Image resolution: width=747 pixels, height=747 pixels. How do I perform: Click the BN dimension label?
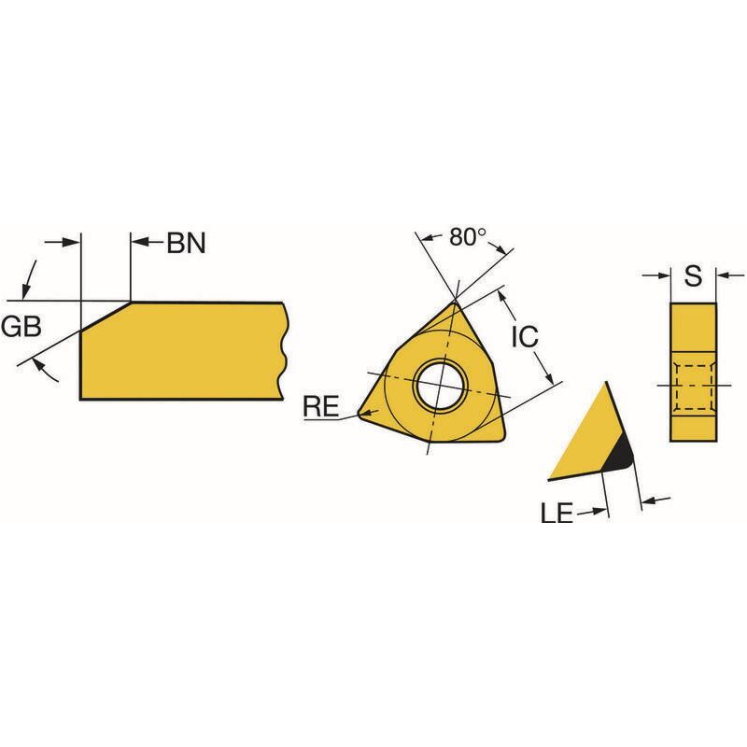(186, 243)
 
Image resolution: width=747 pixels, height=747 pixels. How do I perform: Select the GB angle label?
(21, 326)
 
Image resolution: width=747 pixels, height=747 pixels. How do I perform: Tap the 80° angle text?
(468, 237)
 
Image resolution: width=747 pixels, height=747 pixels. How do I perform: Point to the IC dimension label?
(525, 336)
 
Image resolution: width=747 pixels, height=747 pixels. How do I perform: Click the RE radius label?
(321, 406)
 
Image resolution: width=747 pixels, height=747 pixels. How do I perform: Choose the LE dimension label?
(557, 513)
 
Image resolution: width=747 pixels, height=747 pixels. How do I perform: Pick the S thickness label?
(693, 275)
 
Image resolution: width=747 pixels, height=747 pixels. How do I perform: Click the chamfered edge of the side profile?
(106, 316)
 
